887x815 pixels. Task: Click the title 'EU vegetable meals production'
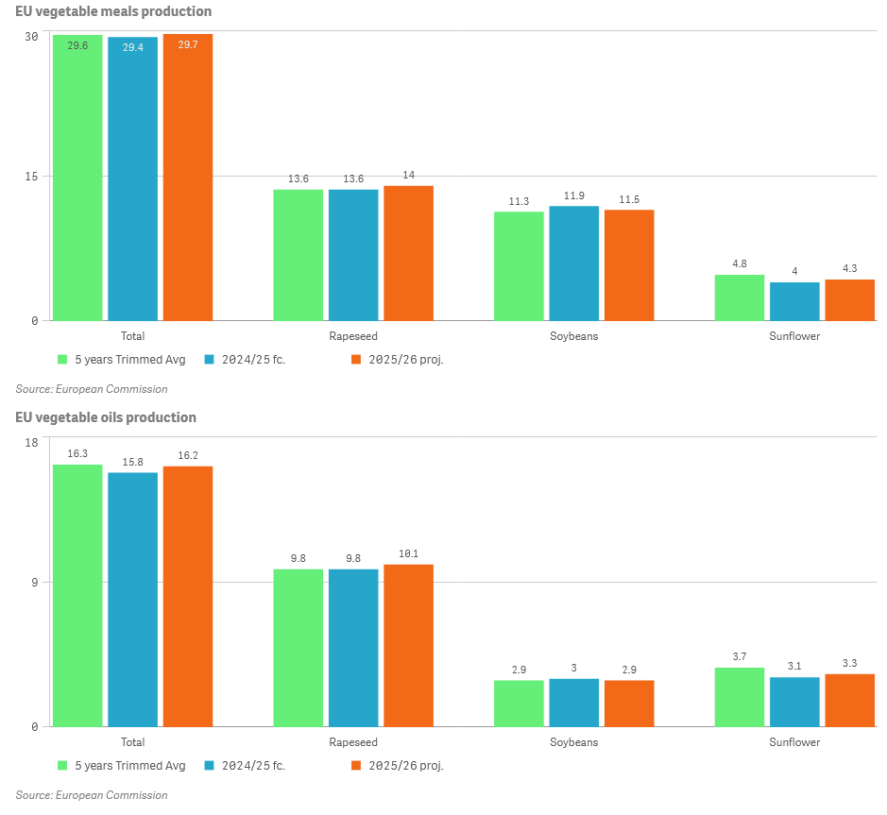[x=113, y=11]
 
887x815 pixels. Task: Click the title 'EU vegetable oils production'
[x=106, y=417]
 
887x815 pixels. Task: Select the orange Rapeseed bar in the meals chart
[x=408, y=253]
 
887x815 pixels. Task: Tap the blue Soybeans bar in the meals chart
[x=574, y=263]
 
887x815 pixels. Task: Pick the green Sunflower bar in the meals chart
[x=740, y=297]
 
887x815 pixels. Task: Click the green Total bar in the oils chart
[x=77, y=595]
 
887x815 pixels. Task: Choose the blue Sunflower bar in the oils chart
[x=794, y=702]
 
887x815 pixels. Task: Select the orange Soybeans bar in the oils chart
[x=629, y=703]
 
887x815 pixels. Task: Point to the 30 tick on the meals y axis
[x=31, y=36]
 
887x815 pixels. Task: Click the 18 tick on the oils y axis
[x=31, y=442]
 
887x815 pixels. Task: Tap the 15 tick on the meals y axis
[x=31, y=177]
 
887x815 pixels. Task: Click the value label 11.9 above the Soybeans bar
[x=574, y=195]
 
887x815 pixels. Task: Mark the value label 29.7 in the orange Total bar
[x=187, y=44]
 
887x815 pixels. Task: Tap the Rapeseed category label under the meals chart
[x=353, y=336]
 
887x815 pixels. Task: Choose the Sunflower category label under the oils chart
[x=794, y=742]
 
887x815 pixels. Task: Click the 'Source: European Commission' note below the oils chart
[x=92, y=795]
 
